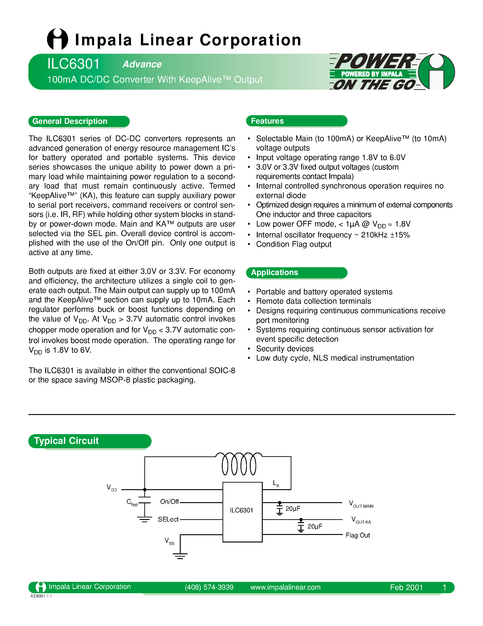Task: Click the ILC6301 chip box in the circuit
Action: point(242,512)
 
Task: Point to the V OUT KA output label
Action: point(361,520)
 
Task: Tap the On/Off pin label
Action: point(169,502)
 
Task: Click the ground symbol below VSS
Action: point(180,556)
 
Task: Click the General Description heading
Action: point(70,121)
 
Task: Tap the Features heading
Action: point(267,121)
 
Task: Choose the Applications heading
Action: point(274,272)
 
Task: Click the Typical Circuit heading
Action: point(66,440)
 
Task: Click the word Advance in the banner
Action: point(142,64)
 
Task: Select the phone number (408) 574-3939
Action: point(209,587)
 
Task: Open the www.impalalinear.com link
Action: point(285,587)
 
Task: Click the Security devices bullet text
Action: point(285,349)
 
